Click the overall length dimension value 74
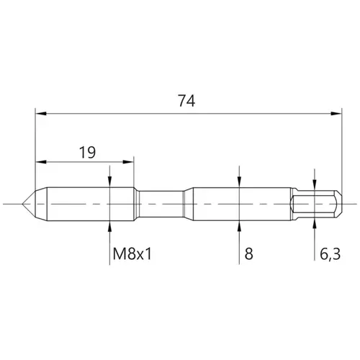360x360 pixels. [x=186, y=101]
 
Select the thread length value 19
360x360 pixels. [x=87, y=152]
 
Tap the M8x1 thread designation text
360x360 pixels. [x=132, y=254]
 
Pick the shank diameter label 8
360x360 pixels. [x=249, y=254]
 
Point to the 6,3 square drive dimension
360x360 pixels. [x=330, y=254]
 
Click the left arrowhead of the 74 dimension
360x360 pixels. [x=41, y=114]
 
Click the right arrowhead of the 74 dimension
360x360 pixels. [x=336, y=114]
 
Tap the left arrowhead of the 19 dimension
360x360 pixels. [x=41, y=162]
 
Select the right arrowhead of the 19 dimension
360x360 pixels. [x=128, y=162]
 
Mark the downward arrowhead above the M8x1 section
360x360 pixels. [x=109, y=181]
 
